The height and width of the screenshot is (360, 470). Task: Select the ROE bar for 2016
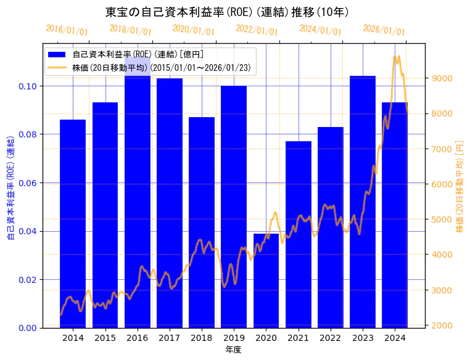[x=137, y=203]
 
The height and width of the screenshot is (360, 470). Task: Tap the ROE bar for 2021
[x=298, y=234]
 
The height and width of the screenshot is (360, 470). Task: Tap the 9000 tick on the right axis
[x=443, y=78]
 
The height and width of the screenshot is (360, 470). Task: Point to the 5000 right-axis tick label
[x=443, y=219]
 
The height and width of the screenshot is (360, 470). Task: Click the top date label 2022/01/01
[x=257, y=30]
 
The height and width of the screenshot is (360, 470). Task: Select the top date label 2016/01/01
[x=67, y=30]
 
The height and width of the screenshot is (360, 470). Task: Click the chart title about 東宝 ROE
[x=228, y=12]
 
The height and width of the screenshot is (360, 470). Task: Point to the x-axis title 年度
[x=233, y=350]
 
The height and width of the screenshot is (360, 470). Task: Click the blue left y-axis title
[x=10, y=185]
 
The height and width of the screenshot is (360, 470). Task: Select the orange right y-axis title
[x=460, y=185]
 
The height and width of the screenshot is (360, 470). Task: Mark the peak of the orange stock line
[x=395, y=57]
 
